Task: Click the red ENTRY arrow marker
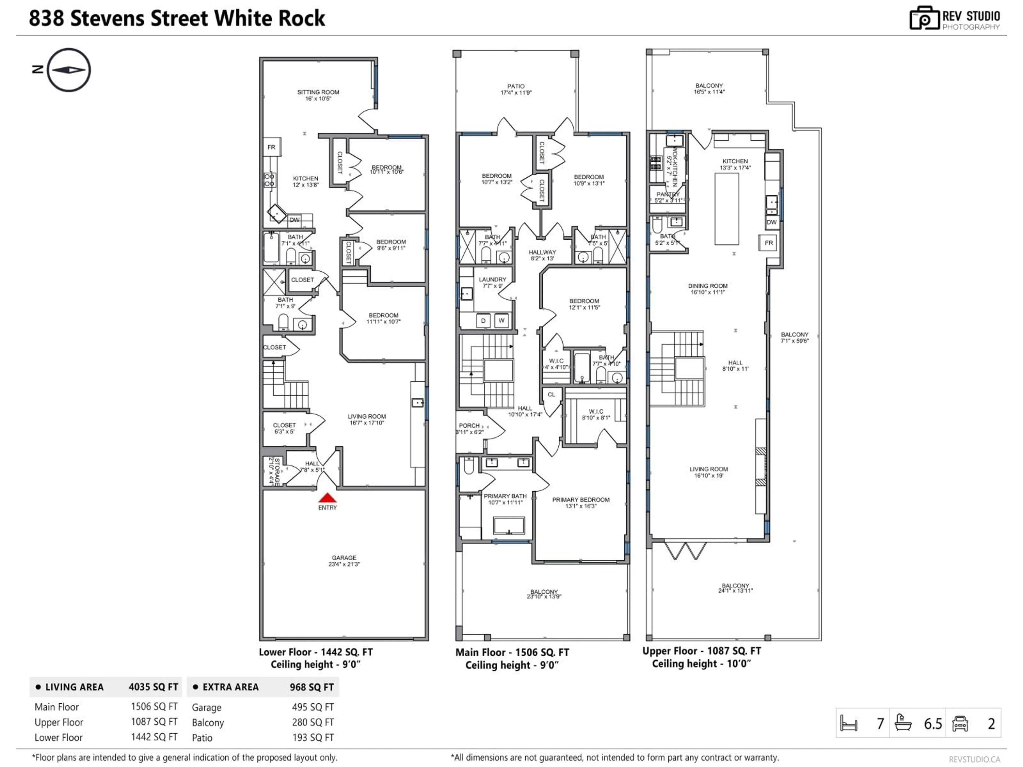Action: pyautogui.click(x=327, y=498)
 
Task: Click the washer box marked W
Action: pyautogui.click(x=501, y=320)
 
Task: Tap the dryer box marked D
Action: pyautogui.click(x=483, y=320)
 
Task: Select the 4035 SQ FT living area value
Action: pyautogui.click(x=153, y=687)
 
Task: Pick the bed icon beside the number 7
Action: pyautogui.click(x=849, y=723)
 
